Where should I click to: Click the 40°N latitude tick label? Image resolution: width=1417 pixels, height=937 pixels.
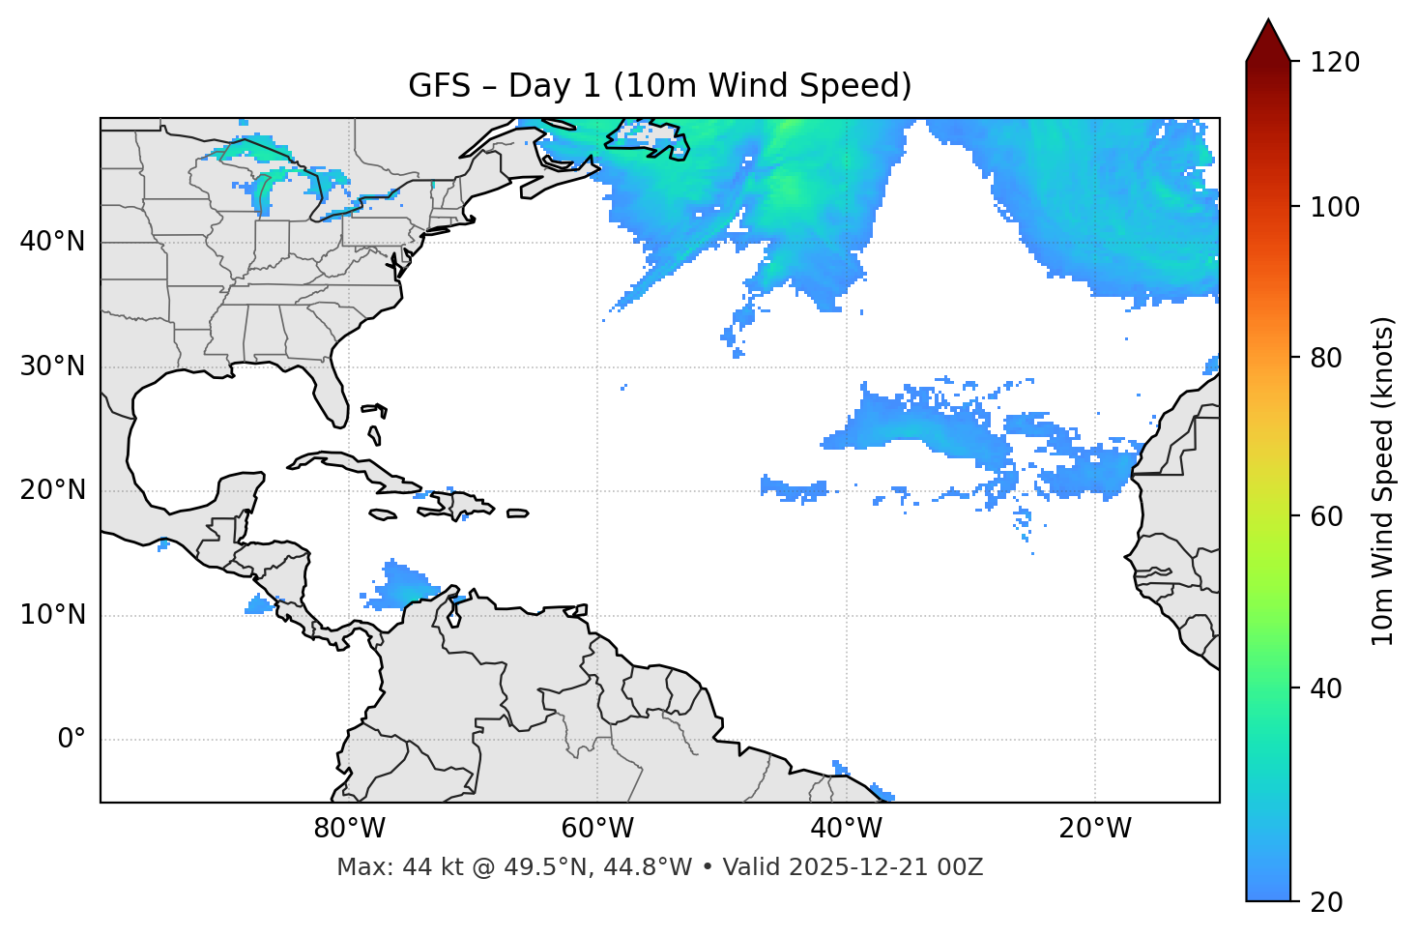[x=52, y=241]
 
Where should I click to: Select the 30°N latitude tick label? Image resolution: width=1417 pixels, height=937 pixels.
[x=52, y=366]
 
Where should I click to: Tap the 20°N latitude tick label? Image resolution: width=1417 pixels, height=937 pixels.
[x=52, y=490]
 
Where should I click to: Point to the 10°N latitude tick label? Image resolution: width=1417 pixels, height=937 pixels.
[x=52, y=615]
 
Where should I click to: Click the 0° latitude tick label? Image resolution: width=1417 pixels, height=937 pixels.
[x=72, y=740]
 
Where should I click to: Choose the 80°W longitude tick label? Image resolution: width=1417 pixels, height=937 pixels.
[x=349, y=829]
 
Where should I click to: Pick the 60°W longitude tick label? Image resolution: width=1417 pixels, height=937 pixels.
[x=597, y=829]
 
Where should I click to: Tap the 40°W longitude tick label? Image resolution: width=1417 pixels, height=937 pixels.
[x=846, y=829]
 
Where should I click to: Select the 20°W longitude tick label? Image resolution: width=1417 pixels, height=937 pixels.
[x=1095, y=829]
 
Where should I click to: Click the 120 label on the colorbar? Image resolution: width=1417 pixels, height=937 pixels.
[x=1335, y=62]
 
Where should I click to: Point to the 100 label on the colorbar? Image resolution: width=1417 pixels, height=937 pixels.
[x=1335, y=207]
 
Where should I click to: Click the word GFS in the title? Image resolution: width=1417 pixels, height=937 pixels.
[x=439, y=86]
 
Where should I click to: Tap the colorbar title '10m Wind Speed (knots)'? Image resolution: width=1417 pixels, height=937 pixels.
[x=1383, y=481]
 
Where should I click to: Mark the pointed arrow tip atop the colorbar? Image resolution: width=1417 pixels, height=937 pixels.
[x=1268, y=21]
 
